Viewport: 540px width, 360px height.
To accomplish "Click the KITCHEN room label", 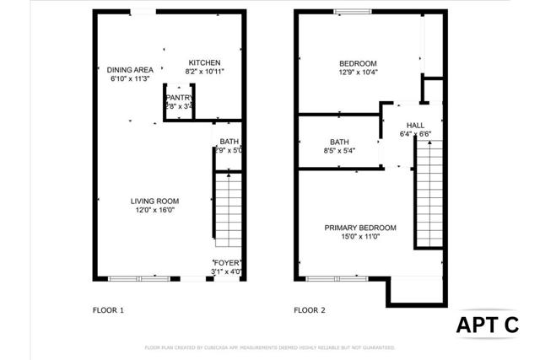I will point(204,62).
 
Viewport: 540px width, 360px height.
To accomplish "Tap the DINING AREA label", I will point(130,69).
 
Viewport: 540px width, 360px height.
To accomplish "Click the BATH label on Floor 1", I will point(229,141).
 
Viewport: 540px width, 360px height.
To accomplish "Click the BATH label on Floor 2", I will point(340,142).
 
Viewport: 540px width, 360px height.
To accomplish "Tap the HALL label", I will point(415,125).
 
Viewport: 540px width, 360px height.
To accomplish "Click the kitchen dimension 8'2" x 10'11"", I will point(204,72).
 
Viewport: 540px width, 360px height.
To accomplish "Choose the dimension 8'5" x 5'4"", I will point(340,151).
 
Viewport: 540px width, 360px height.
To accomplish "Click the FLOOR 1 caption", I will point(108,310).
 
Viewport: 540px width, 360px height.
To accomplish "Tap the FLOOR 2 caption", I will point(310,310).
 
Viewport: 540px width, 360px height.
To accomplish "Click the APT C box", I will point(489,325).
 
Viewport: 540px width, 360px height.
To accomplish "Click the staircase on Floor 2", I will point(429,194).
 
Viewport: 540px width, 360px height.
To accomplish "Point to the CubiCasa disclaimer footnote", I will point(270,347).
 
